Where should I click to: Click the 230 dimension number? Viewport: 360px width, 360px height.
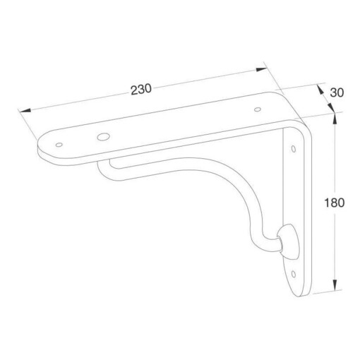(141, 90)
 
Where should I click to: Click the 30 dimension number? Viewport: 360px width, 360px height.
(337, 92)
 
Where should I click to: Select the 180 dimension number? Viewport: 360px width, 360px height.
(335, 203)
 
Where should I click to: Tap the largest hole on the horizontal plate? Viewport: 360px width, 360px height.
(103, 136)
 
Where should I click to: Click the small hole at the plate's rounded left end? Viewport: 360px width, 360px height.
(59, 145)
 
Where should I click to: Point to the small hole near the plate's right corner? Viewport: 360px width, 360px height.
(258, 109)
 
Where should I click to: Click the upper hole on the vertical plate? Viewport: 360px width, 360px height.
(294, 149)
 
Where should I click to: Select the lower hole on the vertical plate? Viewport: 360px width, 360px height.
(294, 274)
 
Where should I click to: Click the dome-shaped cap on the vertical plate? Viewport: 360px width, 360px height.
(289, 241)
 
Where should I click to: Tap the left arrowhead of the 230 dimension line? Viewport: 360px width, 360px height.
(25, 110)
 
